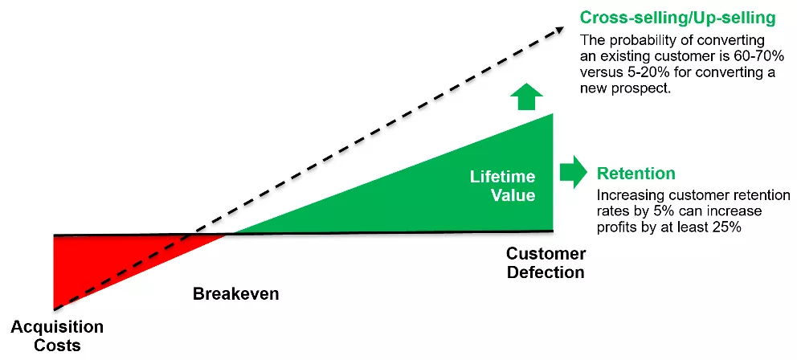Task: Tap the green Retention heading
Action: (x=636, y=173)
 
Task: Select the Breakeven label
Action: (x=235, y=293)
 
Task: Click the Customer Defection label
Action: (x=546, y=263)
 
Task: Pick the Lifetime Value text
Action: (x=503, y=185)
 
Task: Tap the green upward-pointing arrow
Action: (x=526, y=96)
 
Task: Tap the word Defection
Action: (x=546, y=272)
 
